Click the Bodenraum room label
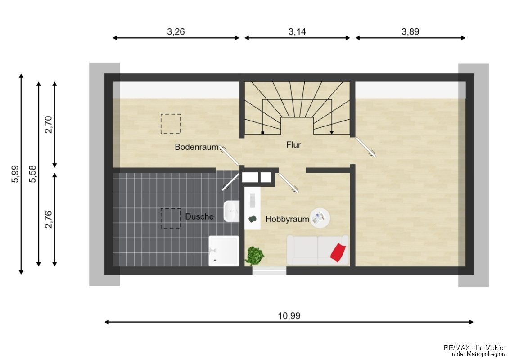click(x=196, y=147)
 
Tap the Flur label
click(x=293, y=145)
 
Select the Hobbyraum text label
click(x=287, y=219)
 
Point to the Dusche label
click(x=199, y=216)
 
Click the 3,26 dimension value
click(x=176, y=31)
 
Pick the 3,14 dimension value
click(x=297, y=31)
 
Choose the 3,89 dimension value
click(x=411, y=31)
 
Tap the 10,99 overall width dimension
click(x=289, y=316)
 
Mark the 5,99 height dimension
click(x=15, y=174)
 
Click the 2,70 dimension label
click(x=49, y=125)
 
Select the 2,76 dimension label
click(x=49, y=220)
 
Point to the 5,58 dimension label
click(x=32, y=174)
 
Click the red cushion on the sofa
click(x=338, y=252)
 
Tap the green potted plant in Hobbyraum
click(x=255, y=256)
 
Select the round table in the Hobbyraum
click(x=320, y=217)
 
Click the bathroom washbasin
click(x=231, y=211)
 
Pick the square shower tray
click(x=224, y=251)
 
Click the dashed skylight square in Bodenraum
click(x=171, y=124)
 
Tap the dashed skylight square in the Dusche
click(x=171, y=218)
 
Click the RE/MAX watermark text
click(x=475, y=351)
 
